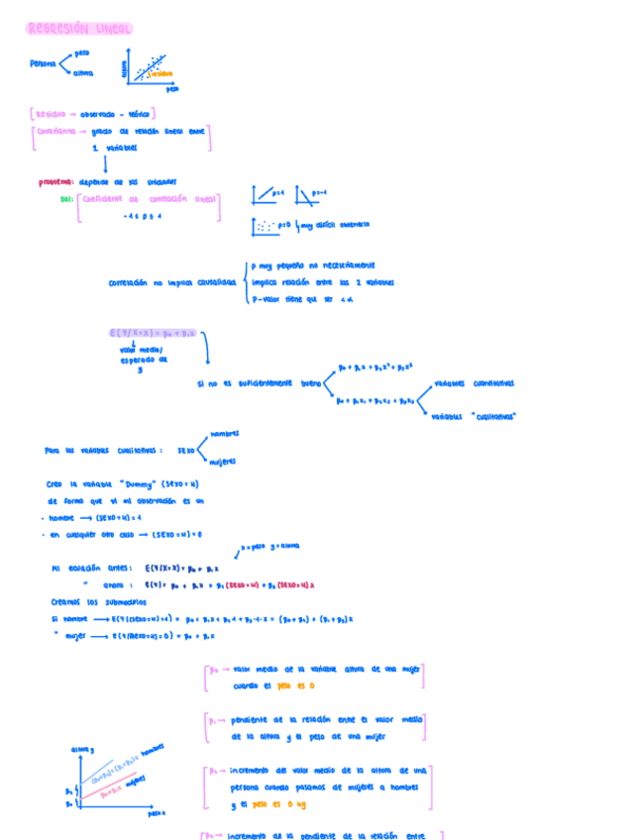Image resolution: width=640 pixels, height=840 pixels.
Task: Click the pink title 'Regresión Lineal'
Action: point(79,30)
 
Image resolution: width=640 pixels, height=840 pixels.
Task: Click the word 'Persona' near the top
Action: point(44,63)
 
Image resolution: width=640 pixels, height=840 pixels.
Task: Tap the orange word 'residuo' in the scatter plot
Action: point(162,73)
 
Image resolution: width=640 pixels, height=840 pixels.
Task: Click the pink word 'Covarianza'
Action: point(53,131)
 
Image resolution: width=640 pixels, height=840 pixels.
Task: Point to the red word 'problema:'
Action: point(55,182)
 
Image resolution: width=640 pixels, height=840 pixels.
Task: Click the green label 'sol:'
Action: point(67,199)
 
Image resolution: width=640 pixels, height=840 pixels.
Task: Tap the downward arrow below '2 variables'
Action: point(104,161)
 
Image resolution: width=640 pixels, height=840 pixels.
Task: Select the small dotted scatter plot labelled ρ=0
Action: point(266,226)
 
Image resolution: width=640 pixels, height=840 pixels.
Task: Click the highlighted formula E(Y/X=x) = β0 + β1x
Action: point(154,333)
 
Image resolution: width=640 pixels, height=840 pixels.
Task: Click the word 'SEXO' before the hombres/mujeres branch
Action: point(186,450)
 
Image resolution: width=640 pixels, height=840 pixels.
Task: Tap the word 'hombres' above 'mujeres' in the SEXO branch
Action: point(224,434)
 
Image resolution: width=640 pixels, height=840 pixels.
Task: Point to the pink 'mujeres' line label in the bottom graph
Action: point(136,782)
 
